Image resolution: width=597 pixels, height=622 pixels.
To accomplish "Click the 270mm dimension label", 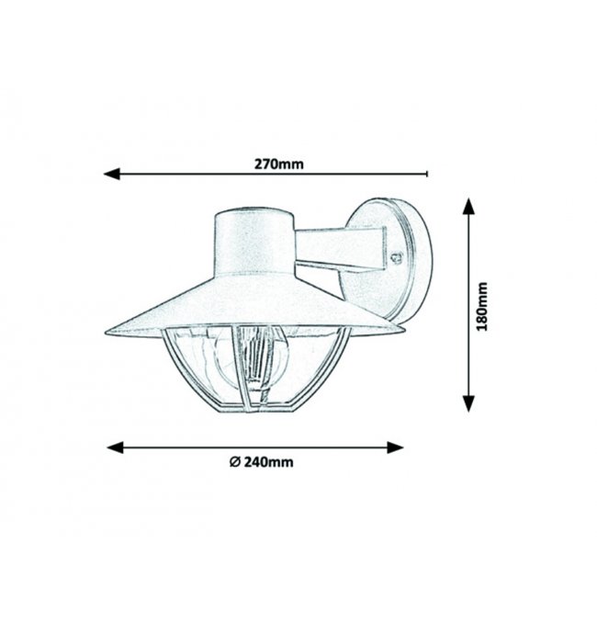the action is click(x=279, y=164).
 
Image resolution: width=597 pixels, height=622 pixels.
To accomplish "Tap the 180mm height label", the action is click(x=481, y=306).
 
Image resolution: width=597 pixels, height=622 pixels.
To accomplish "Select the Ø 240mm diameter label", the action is click(x=262, y=462).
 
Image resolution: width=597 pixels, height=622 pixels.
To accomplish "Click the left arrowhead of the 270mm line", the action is click(x=111, y=174).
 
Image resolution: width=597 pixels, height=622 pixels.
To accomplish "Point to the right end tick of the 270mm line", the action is click(x=427, y=174).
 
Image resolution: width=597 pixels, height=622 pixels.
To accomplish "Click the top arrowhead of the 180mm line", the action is click(x=468, y=207).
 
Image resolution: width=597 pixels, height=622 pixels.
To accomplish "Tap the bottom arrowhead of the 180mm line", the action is click(x=468, y=403).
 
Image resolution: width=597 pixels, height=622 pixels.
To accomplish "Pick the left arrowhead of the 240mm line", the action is click(x=116, y=447).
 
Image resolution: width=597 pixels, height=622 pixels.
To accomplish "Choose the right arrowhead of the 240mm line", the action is click(x=395, y=447).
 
